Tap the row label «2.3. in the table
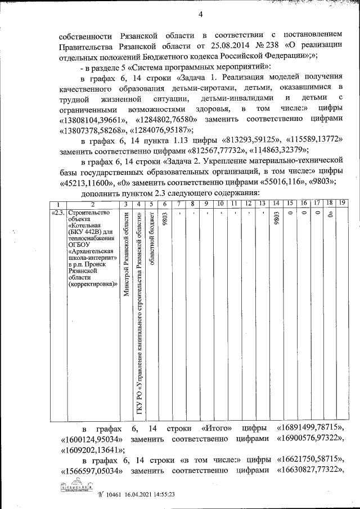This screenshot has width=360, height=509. (x=58, y=213)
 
